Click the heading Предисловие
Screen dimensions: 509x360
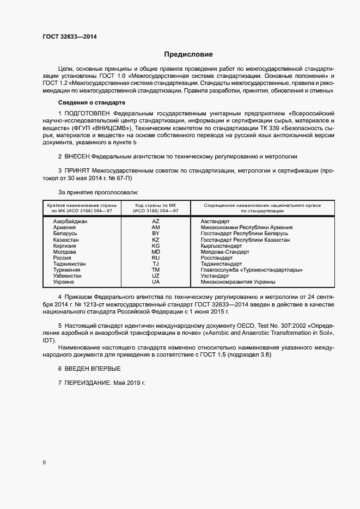[x=189, y=54]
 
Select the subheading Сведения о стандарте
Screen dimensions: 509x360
[x=92, y=102]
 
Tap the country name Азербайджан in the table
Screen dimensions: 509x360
[x=70, y=222]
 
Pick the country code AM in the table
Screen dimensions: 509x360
[x=156, y=228]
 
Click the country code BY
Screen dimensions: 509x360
[x=156, y=234]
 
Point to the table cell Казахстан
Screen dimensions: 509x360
[x=66, y=240]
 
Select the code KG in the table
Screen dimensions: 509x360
[x=156, y=246]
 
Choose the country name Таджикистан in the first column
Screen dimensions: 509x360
[x=70, y=263]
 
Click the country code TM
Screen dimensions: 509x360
[x=156, y=269]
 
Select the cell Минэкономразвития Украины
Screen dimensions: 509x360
[x=237, y=281]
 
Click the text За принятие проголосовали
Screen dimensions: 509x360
[x=98, y=192]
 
